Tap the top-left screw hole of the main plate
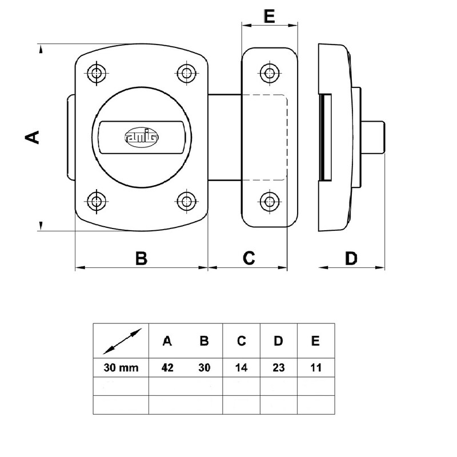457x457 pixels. (x=95, y=72)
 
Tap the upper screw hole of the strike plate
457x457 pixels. (x=269, y=72)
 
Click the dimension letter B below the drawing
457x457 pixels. (x=141, y=258)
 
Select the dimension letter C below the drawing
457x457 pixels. (x=248, y=258)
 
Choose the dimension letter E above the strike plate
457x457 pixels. (x=270, y=15)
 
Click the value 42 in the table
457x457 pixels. (x=167, y=367)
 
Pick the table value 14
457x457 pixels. (x=242, y=367)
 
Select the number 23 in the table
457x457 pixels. (x=279, y=367)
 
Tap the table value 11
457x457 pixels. (x=315, y=367)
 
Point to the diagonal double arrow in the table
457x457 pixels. (x=121, y=341)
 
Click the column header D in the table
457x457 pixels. (x=279, y=342)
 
